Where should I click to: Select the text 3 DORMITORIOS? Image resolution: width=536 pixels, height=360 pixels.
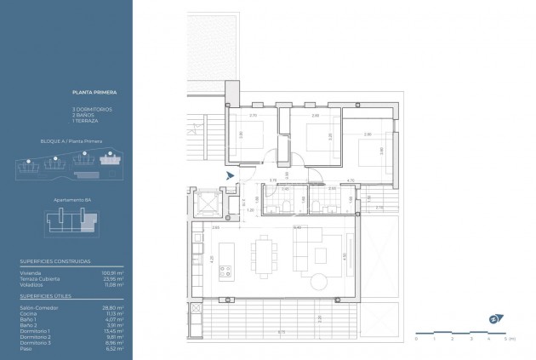(x=91, y=110)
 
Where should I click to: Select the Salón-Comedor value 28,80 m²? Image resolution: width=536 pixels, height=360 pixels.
(x=114, y=306)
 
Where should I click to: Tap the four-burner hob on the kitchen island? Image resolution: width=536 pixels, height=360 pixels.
(x=226, y=272)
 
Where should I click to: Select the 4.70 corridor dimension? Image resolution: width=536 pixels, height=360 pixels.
(x=351, y=180)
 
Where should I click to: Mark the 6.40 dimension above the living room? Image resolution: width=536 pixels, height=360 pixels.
(x=297, y=227)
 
